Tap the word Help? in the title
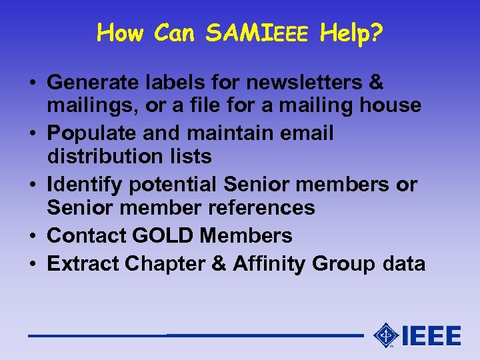pyautogui.click(x=351, y=32)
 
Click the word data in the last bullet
pyautogui.click(x=404, y=264)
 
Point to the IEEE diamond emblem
pyautogui.click(x=385, y=335)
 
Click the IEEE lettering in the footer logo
pyautogui.click(x=432, y=335)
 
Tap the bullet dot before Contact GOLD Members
pyautogui.click(x=32, y=236)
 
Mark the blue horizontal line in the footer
pyautogui.click(x=193, y=335)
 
